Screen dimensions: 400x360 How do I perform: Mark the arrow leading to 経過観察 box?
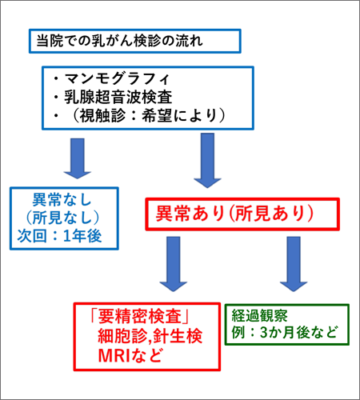pyautogui.click(x=290, y=267)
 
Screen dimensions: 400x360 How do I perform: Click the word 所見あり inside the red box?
pyautogui.click(x=269, y=215)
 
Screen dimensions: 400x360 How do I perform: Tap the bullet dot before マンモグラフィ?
pyautogui.click(x=58, y=80)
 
